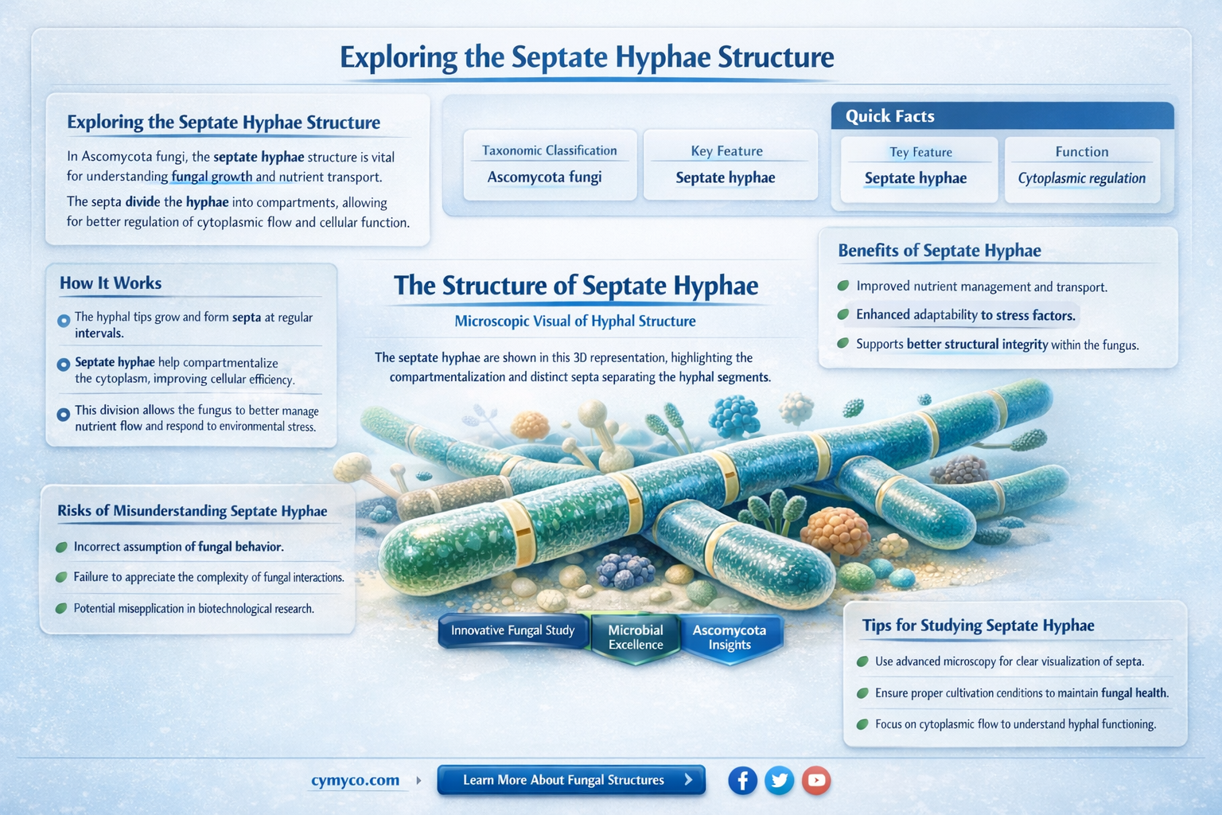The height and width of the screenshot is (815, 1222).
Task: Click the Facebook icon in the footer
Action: pyautogui.click(x=742, y=780)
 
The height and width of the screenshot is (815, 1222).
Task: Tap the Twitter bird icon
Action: pyautogui.click(x=780, y=780)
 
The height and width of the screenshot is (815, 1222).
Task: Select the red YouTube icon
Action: pyautogui.click(x=816, y=780)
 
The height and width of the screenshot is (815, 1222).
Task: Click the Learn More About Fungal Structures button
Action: pyautogui.click(x=571, y=780)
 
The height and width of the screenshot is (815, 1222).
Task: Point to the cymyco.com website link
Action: pyautogui.click(x=355, y=780)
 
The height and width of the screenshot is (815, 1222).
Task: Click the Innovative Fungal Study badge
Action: pyautogui.click(x=512, y=630)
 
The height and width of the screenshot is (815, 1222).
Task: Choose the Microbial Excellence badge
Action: pyautogui.click(x=635, y=637)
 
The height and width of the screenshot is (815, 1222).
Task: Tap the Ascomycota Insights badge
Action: pyautogui.click(x=729, y=637)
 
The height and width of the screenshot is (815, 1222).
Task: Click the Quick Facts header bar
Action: pyautogui.click(x=1002, y=116)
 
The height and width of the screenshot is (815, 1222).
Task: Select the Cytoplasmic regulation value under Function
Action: pyautogui.click(x=1082, y=178)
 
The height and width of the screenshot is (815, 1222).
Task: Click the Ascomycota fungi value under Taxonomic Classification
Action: pyautogui.click(x=544, y=177)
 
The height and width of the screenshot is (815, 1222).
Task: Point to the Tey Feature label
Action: pyautogui.click(x=920, y=152)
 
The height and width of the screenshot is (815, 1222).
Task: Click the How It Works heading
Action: pyautogui.click(x=111, y=283)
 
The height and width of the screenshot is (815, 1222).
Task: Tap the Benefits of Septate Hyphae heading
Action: pyautogui.click(x=940, y=251)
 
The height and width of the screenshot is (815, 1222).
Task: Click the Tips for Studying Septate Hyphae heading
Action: pyautogui.click(x=978, y=626)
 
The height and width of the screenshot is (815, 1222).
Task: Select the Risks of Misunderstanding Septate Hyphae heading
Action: pyautogui.click(x=192, y=511)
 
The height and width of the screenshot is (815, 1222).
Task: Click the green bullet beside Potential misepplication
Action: pyautogui.click(x=61, y=609)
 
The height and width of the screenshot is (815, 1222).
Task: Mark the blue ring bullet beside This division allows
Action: pyautogui.click(x=64, y=415)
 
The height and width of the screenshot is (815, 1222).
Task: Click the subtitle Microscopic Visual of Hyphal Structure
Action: pyautogui.click(x=575, y=322)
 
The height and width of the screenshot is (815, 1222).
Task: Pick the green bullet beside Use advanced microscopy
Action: pyautogui.click(x=862, y=661)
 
